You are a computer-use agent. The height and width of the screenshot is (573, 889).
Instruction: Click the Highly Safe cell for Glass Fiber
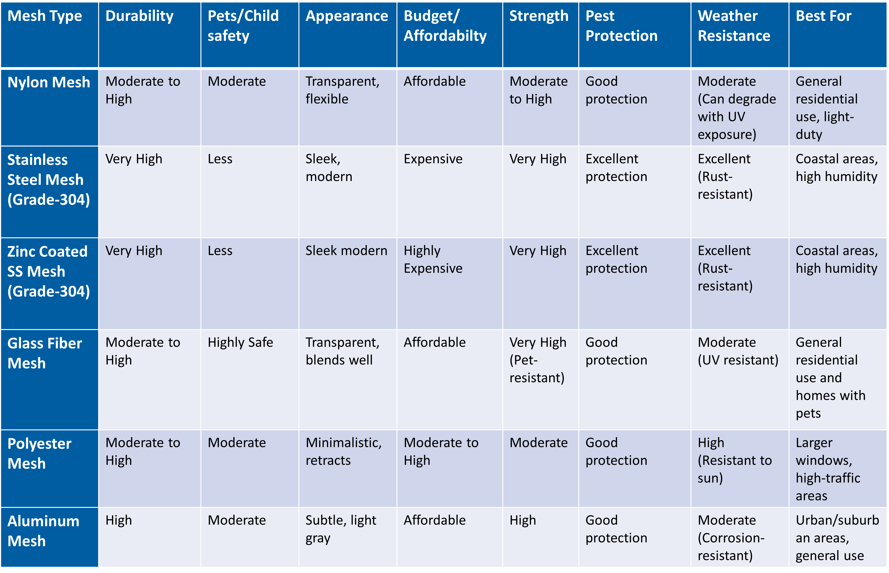[240, 342]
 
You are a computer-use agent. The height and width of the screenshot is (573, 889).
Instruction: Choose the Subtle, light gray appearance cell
[340, 529]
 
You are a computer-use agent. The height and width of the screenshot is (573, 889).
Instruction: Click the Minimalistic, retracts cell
[343, 451]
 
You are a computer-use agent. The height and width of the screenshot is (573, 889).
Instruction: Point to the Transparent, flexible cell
[342, 90]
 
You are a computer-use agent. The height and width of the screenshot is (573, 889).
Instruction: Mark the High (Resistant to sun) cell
[734, 460]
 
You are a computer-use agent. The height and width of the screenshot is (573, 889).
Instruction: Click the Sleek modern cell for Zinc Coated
[346, 251]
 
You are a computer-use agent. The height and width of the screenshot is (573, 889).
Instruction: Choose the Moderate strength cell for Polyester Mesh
[538, 443]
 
